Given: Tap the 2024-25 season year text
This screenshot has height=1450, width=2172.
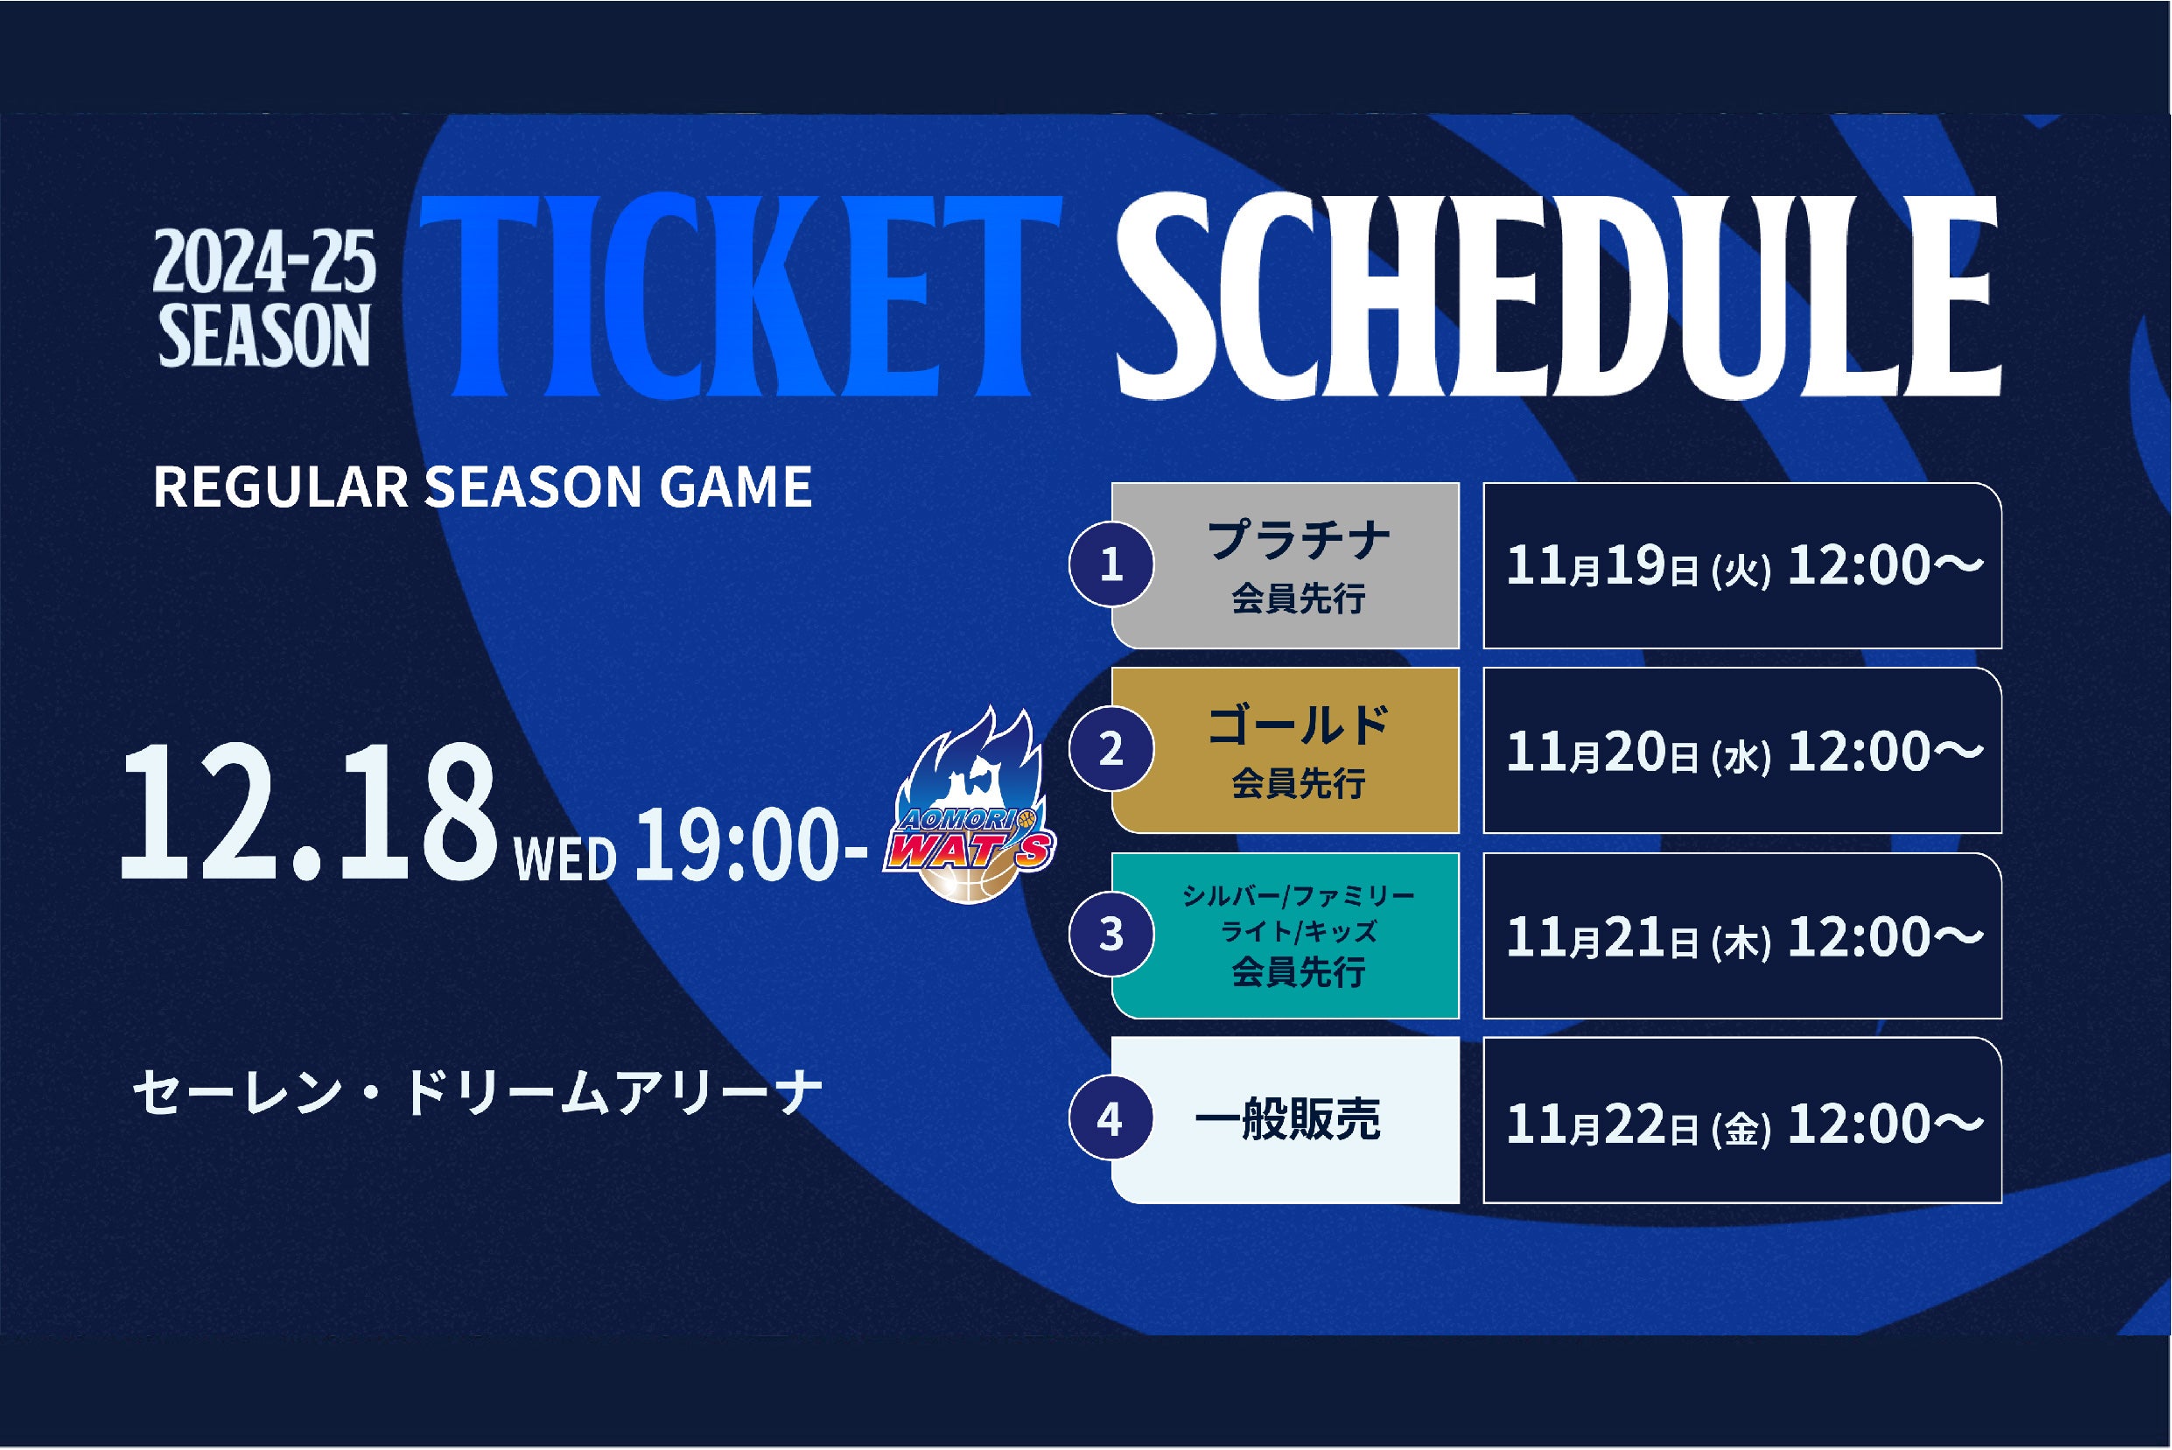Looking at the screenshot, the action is point(264,263).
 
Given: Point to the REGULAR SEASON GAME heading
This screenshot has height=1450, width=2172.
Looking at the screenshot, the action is point(481,487).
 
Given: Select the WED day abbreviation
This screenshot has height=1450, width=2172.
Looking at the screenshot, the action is point(564,859).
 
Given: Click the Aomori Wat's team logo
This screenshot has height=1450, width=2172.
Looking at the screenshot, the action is point(970,804).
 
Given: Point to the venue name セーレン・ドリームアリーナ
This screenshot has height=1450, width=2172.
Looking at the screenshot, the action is point(477,1093).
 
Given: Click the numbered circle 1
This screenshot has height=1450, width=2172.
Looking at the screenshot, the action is point(1111,564).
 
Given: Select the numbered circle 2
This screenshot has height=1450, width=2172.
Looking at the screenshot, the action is point(1111,748).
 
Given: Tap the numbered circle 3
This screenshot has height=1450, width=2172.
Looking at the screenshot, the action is point(1111,934).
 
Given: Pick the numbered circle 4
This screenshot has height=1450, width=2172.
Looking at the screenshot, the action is point(1111,1119).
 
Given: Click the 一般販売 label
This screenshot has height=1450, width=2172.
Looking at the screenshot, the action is point(1287,1120).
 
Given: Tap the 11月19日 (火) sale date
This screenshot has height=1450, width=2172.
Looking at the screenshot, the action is point(1638,566).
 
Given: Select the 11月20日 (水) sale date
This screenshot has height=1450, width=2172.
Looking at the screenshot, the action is point(1638,752).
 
